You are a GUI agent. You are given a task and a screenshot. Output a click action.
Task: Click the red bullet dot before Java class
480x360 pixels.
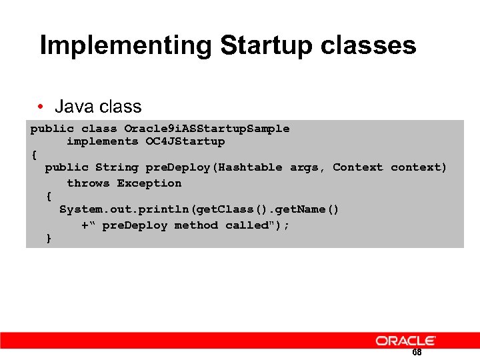(41, 107)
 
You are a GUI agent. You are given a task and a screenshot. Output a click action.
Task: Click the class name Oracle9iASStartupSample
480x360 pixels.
(207, 128)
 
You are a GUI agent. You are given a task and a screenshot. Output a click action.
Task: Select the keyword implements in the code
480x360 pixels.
(102, 141)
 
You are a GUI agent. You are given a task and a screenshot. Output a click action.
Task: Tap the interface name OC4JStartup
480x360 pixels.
(185, 141)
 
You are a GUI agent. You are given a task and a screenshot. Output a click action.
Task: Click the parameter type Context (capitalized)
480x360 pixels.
(358, 167)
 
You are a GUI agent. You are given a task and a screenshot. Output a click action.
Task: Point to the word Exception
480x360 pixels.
(149, 183)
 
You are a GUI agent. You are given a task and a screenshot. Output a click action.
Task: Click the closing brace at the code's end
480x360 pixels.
(49, 238)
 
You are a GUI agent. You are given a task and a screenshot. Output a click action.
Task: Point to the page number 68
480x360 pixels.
(417, 353)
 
